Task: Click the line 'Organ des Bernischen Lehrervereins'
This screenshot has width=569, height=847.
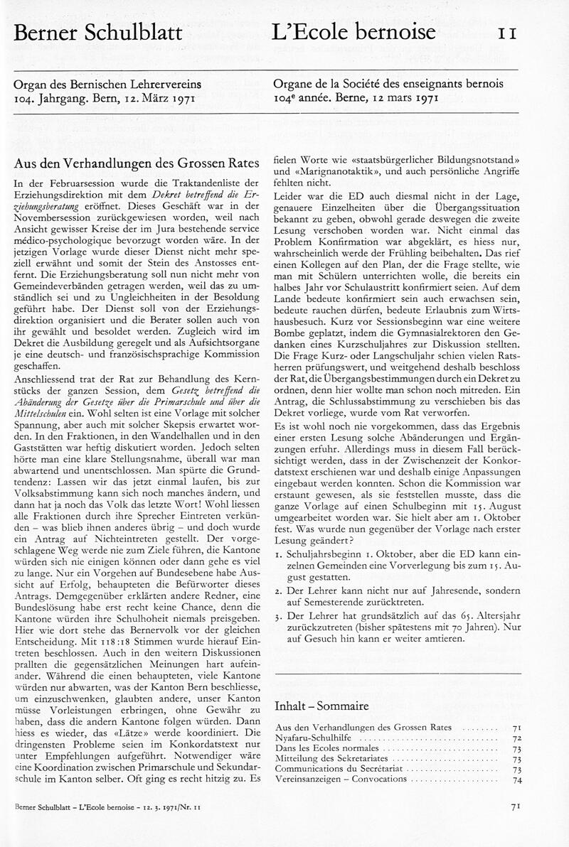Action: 107,84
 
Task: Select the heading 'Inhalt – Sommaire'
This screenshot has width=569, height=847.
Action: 321,706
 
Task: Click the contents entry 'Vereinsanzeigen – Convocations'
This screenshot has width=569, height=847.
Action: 341,779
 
